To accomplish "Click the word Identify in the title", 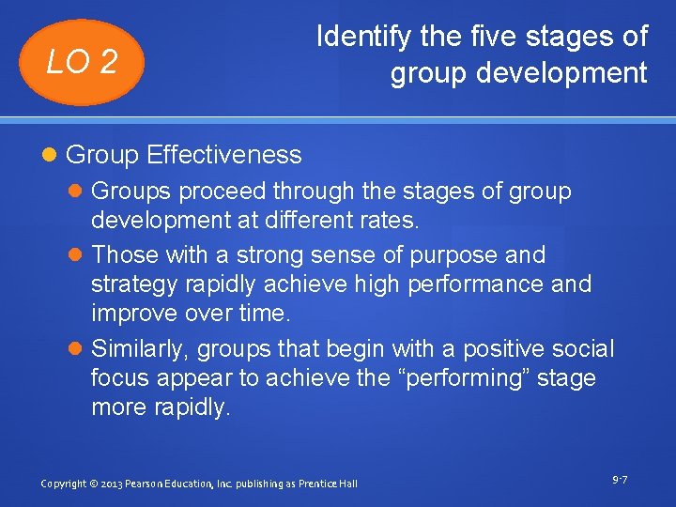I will (x=353, y=37).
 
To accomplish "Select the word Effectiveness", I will (x=224, y=154).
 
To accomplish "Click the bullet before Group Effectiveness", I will (x=53, y=155).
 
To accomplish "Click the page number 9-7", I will (x=619, y=480).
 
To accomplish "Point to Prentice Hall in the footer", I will (x=328, y=484).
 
